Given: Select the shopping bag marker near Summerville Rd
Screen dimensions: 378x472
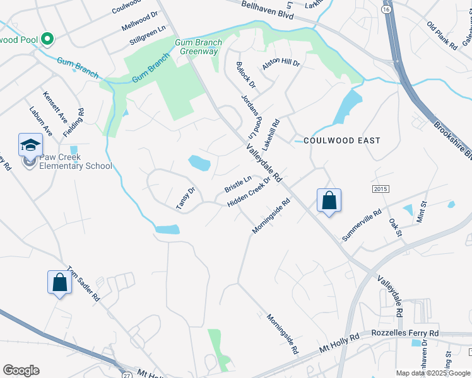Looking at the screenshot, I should (329, 201).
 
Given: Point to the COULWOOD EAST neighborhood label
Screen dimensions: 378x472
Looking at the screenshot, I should (342, 140).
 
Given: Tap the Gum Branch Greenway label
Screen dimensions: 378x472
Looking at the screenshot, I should (198, 47).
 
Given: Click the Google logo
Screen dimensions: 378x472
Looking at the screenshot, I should (21, 370).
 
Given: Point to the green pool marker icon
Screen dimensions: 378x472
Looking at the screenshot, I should (47, 39).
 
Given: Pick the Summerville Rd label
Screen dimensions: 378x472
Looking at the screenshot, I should (362, 225).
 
